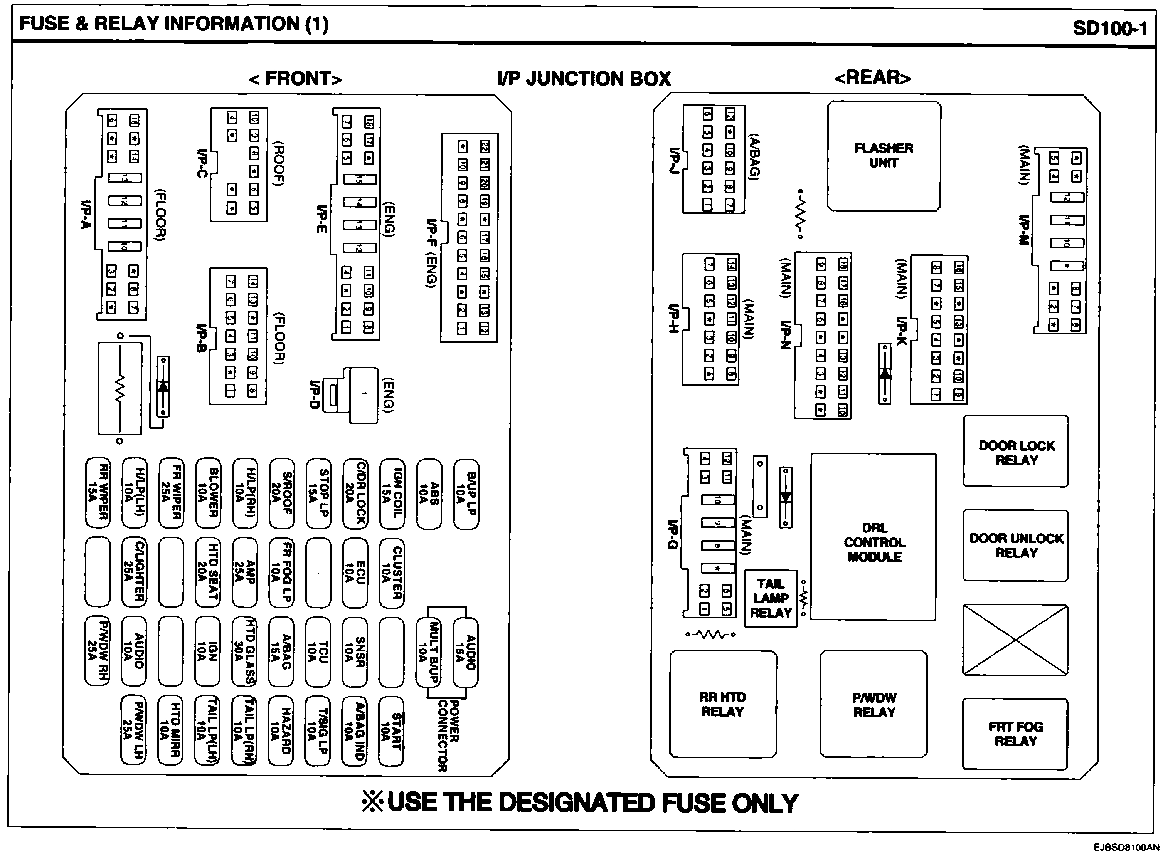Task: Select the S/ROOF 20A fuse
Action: pos(282,493)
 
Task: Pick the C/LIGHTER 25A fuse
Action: pos(134,572)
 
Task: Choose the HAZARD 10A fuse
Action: pos(281,730)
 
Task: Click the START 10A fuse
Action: pos(391,730)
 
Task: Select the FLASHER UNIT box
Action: pos(884,156)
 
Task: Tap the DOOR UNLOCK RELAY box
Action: pos(1016,546)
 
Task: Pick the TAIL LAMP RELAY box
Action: pos(771,598)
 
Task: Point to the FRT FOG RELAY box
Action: pos(1015,734)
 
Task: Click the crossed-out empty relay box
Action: pos(1015,640)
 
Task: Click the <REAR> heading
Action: pos(873,78)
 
